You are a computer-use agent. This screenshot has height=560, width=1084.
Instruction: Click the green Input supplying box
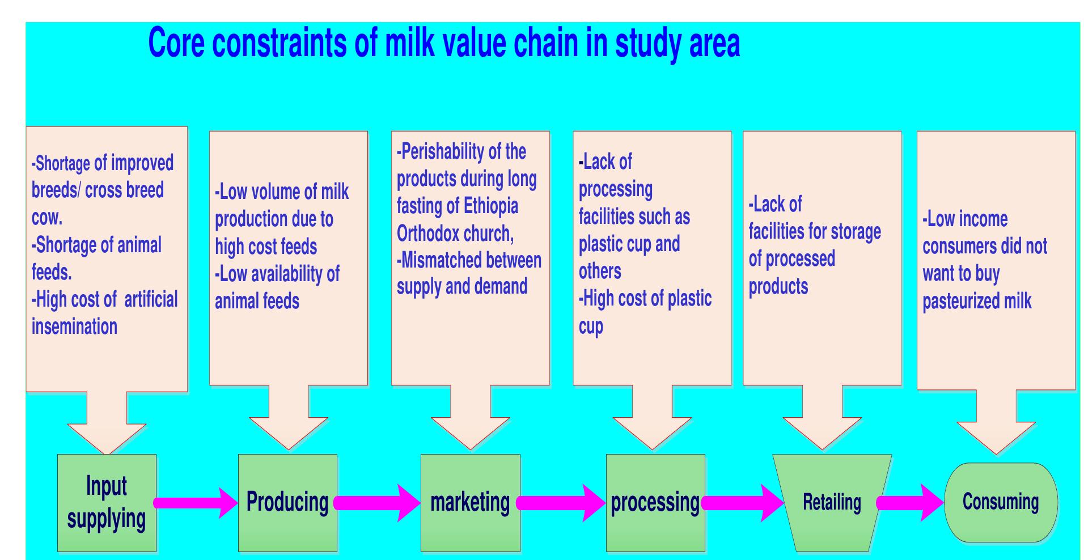point(107,503)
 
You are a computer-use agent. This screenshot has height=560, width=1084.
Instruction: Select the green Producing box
point(287,503)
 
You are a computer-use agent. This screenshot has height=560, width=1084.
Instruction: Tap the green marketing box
point(470,503)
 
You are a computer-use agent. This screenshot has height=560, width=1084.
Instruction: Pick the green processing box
point(655,503)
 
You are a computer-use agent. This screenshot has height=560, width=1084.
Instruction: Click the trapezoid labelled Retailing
point(832,503)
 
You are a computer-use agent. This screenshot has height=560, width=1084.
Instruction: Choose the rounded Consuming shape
point(1001,502)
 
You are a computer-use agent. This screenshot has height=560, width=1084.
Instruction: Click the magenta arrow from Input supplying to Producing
point(196,503)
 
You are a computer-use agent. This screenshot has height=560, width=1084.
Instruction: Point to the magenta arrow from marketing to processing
point(561,503)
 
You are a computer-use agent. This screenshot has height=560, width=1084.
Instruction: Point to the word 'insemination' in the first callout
point(74,327)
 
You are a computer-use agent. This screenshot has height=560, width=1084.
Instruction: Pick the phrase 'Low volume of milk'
point(282,192)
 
